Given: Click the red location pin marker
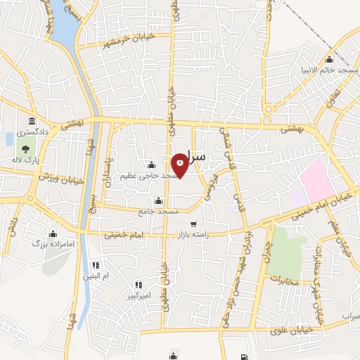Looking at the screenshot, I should (181, 164).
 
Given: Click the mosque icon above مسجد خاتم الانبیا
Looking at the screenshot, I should (329, 59).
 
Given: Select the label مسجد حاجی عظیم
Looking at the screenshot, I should (148, 175).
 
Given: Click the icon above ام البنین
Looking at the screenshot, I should (96, 265).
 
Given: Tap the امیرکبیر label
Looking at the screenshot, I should (137, 296).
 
